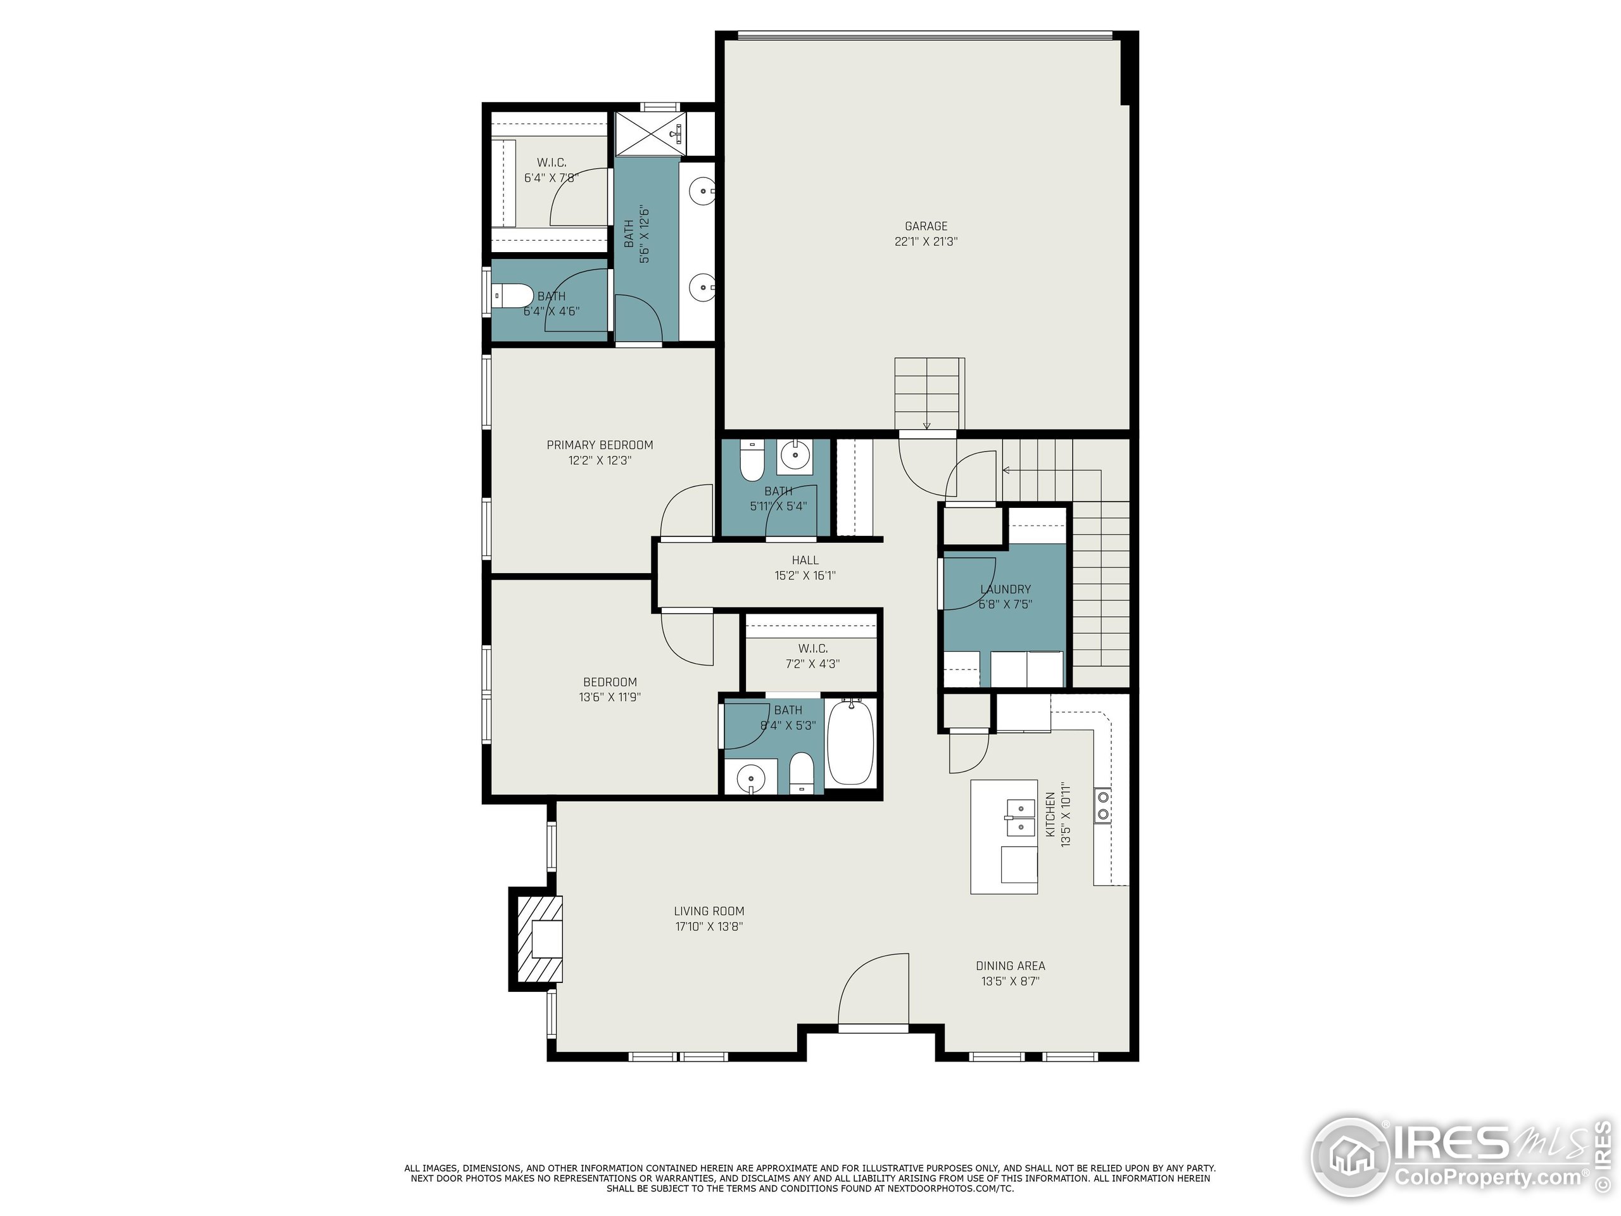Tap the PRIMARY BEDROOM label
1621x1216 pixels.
tap(600, 445)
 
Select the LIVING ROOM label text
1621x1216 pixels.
tap(709, 911)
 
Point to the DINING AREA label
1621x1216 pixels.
tap(1010, 966)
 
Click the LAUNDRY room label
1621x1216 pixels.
tap(1006, 589)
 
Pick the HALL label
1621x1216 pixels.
tap(805, 560)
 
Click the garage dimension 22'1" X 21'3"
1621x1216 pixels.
tap(926, 241)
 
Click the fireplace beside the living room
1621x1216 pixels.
tap(537, 939)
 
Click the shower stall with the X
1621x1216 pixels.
tap(648, 134)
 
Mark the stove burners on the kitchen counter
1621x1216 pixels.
tap(1102, 805)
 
